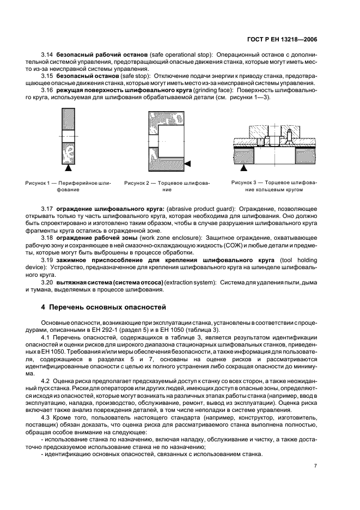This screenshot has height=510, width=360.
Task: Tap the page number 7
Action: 315,465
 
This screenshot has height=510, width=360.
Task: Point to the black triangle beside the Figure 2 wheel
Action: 187,163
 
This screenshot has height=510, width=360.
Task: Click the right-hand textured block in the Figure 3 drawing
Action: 304,155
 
